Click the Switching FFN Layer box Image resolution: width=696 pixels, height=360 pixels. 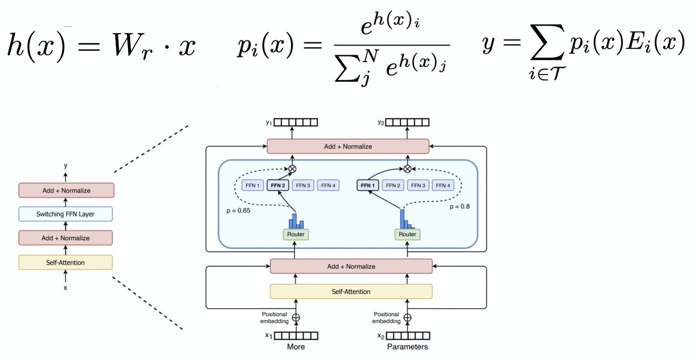tap(65, 214)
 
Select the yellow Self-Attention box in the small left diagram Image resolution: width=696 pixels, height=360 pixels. tap(65, 263)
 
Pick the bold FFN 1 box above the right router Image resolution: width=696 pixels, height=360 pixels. tap(367, 186)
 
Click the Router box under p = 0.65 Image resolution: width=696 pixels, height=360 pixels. tap(296, 234)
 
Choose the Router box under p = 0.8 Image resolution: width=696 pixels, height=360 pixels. tap(407, 234)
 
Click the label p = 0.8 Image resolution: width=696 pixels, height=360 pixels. tap(459, 206)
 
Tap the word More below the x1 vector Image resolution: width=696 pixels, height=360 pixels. tap(296, 347)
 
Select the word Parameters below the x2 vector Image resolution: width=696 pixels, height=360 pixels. tap(407, 347)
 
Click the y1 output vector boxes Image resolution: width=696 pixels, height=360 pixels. tap(296, 122)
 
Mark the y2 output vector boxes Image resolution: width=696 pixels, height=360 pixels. tap(407, 122)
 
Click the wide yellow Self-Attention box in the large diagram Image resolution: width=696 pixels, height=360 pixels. tap(351, 291)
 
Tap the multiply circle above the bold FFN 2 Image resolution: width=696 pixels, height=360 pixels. tap(292, 169)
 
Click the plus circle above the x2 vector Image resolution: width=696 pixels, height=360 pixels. tap(407, 318)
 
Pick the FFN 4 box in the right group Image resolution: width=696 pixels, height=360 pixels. tap(443, 186)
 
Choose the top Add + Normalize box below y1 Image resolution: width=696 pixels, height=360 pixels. tap(348, 147)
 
